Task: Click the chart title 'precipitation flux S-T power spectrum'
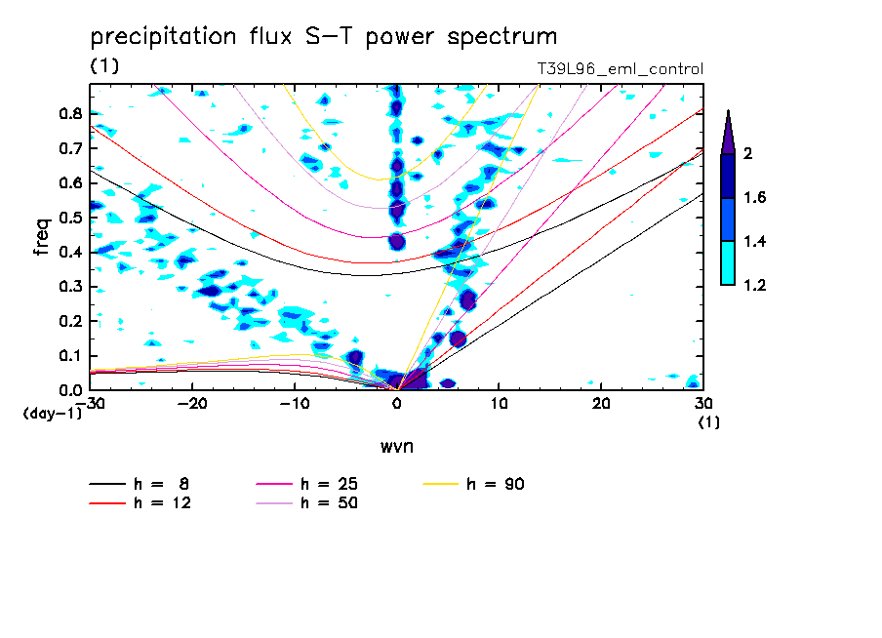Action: click(x=323, y=37)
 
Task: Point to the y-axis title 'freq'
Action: click(x=41, y=237)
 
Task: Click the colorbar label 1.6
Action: click(x=753, y=198)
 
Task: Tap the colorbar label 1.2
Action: click(x=753, y=285)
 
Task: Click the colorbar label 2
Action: click(x=748, y=154)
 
